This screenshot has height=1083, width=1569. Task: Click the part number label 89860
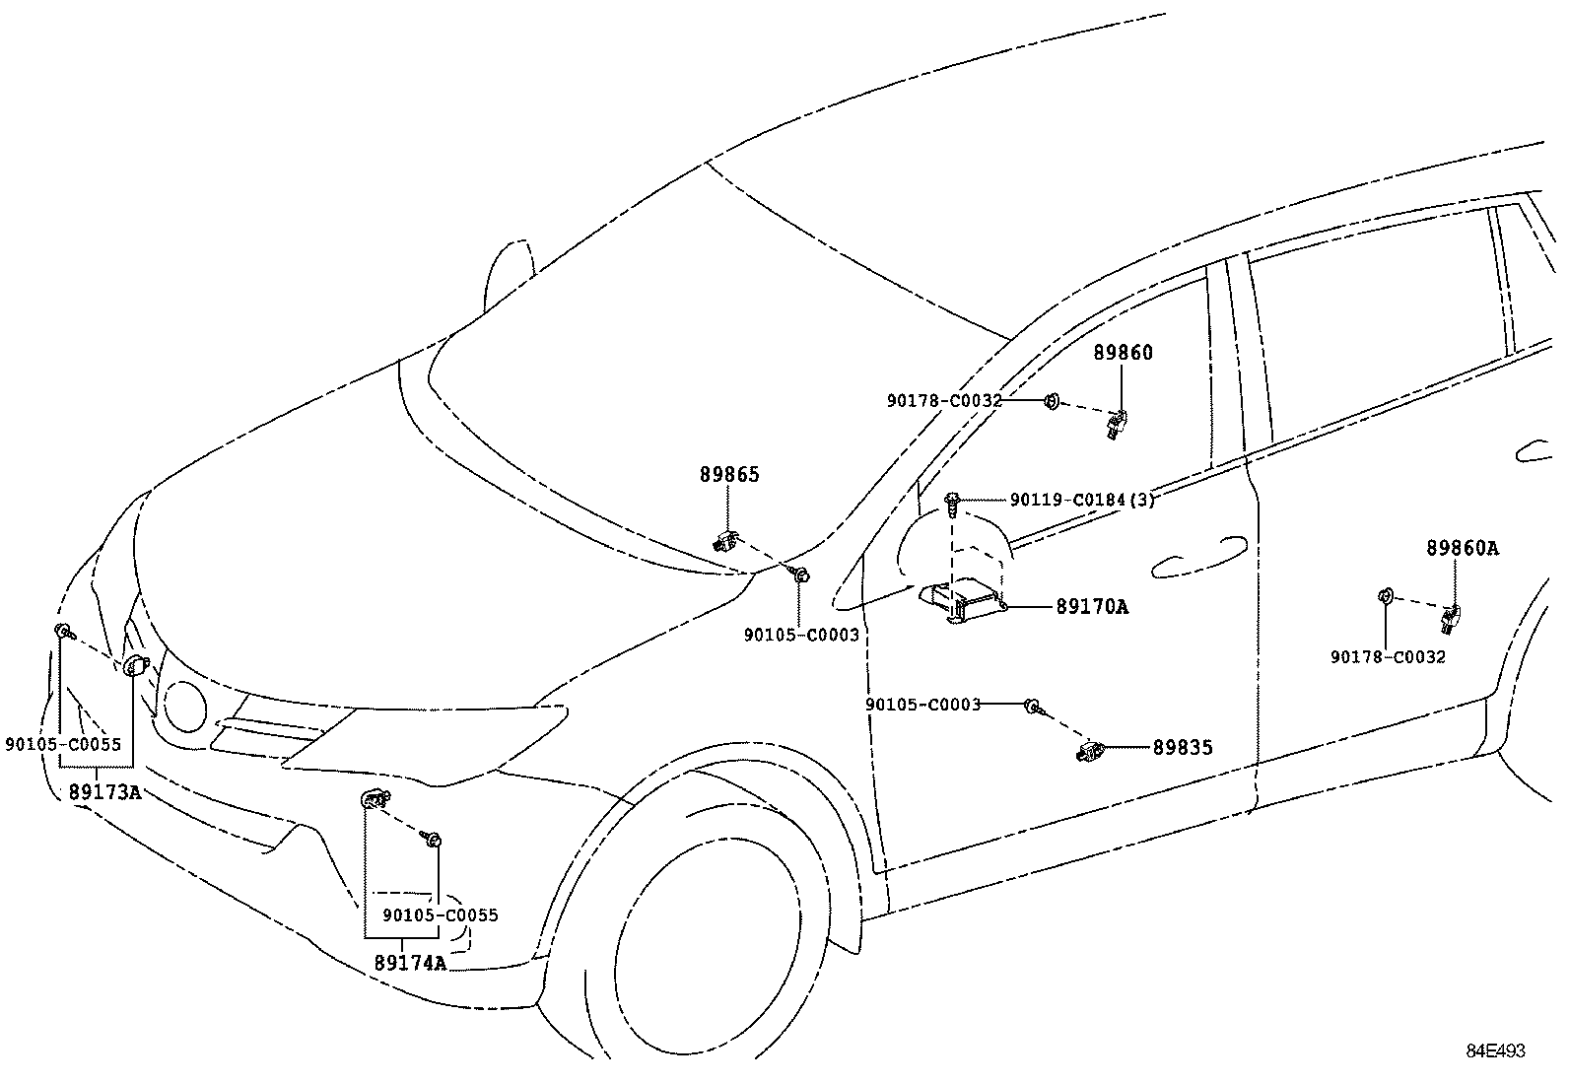1123,353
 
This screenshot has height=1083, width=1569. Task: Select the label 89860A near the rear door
1462,549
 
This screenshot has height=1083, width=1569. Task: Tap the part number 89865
729,475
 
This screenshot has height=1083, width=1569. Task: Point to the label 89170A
1091,607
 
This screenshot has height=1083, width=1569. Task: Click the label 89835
1183,748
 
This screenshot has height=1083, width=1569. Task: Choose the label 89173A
104,790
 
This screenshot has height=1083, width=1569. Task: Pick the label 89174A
410,963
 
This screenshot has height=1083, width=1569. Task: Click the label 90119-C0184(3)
1081,500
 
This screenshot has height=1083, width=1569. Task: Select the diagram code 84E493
1494,1051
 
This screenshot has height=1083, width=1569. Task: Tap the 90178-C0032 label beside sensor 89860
943,401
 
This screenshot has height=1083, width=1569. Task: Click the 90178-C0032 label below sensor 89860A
1387,656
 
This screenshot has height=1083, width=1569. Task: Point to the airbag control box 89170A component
961,601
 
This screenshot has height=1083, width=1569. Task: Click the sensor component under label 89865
725,539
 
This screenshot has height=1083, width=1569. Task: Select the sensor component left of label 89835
1091,754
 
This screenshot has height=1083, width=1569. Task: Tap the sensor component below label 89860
1117,425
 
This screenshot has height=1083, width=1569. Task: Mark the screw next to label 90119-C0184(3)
952,504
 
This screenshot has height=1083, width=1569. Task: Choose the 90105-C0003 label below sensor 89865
800,636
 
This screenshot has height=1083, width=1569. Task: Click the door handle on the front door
1197,555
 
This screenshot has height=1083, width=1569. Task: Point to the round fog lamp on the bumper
184,705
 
